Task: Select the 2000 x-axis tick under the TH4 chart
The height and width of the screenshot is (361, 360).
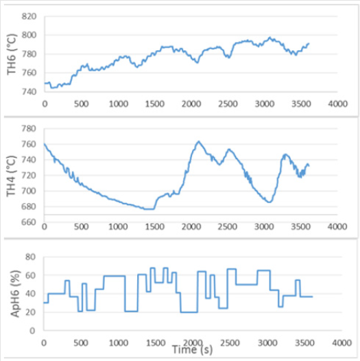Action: pos(190,226)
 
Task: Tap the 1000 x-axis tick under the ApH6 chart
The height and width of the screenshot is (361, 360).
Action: pos(117,341)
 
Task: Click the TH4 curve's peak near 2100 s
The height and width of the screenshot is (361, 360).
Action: pos(198,141)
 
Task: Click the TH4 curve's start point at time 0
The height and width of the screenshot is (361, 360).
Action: pos(44,143)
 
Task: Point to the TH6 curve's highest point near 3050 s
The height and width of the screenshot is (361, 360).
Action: pos(270,38)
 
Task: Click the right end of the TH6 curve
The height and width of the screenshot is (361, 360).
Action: pos(309,43)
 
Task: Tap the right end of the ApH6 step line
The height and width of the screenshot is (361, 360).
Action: pos(312,296)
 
